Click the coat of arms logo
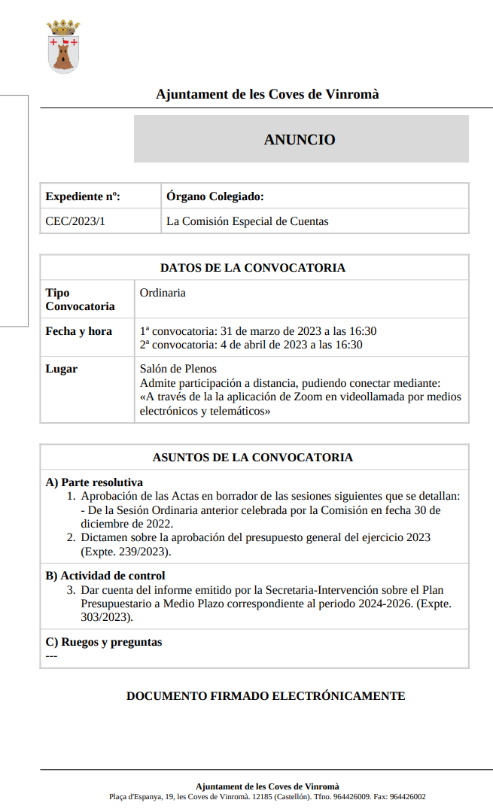click(64, 47)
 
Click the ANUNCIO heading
click(300, 139)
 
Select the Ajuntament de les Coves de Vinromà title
click(267, 95)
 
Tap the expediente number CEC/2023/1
click(75, 221)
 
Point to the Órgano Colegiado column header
click(215, 197)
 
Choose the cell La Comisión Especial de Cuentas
click(248, 221)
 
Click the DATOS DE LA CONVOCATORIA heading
click(253, 268)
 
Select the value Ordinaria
click(163, 293)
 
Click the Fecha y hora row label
click(78, 331)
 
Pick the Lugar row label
click(61, 369)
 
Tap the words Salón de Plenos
click(178, 369)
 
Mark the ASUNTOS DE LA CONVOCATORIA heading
click(253, 458)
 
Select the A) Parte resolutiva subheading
click(94, 482)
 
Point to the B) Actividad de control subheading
click(105, 576)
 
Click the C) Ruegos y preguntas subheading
click(104, 642)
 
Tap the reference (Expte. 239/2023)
click(126, 552)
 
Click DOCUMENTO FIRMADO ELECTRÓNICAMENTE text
click(266, 696)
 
